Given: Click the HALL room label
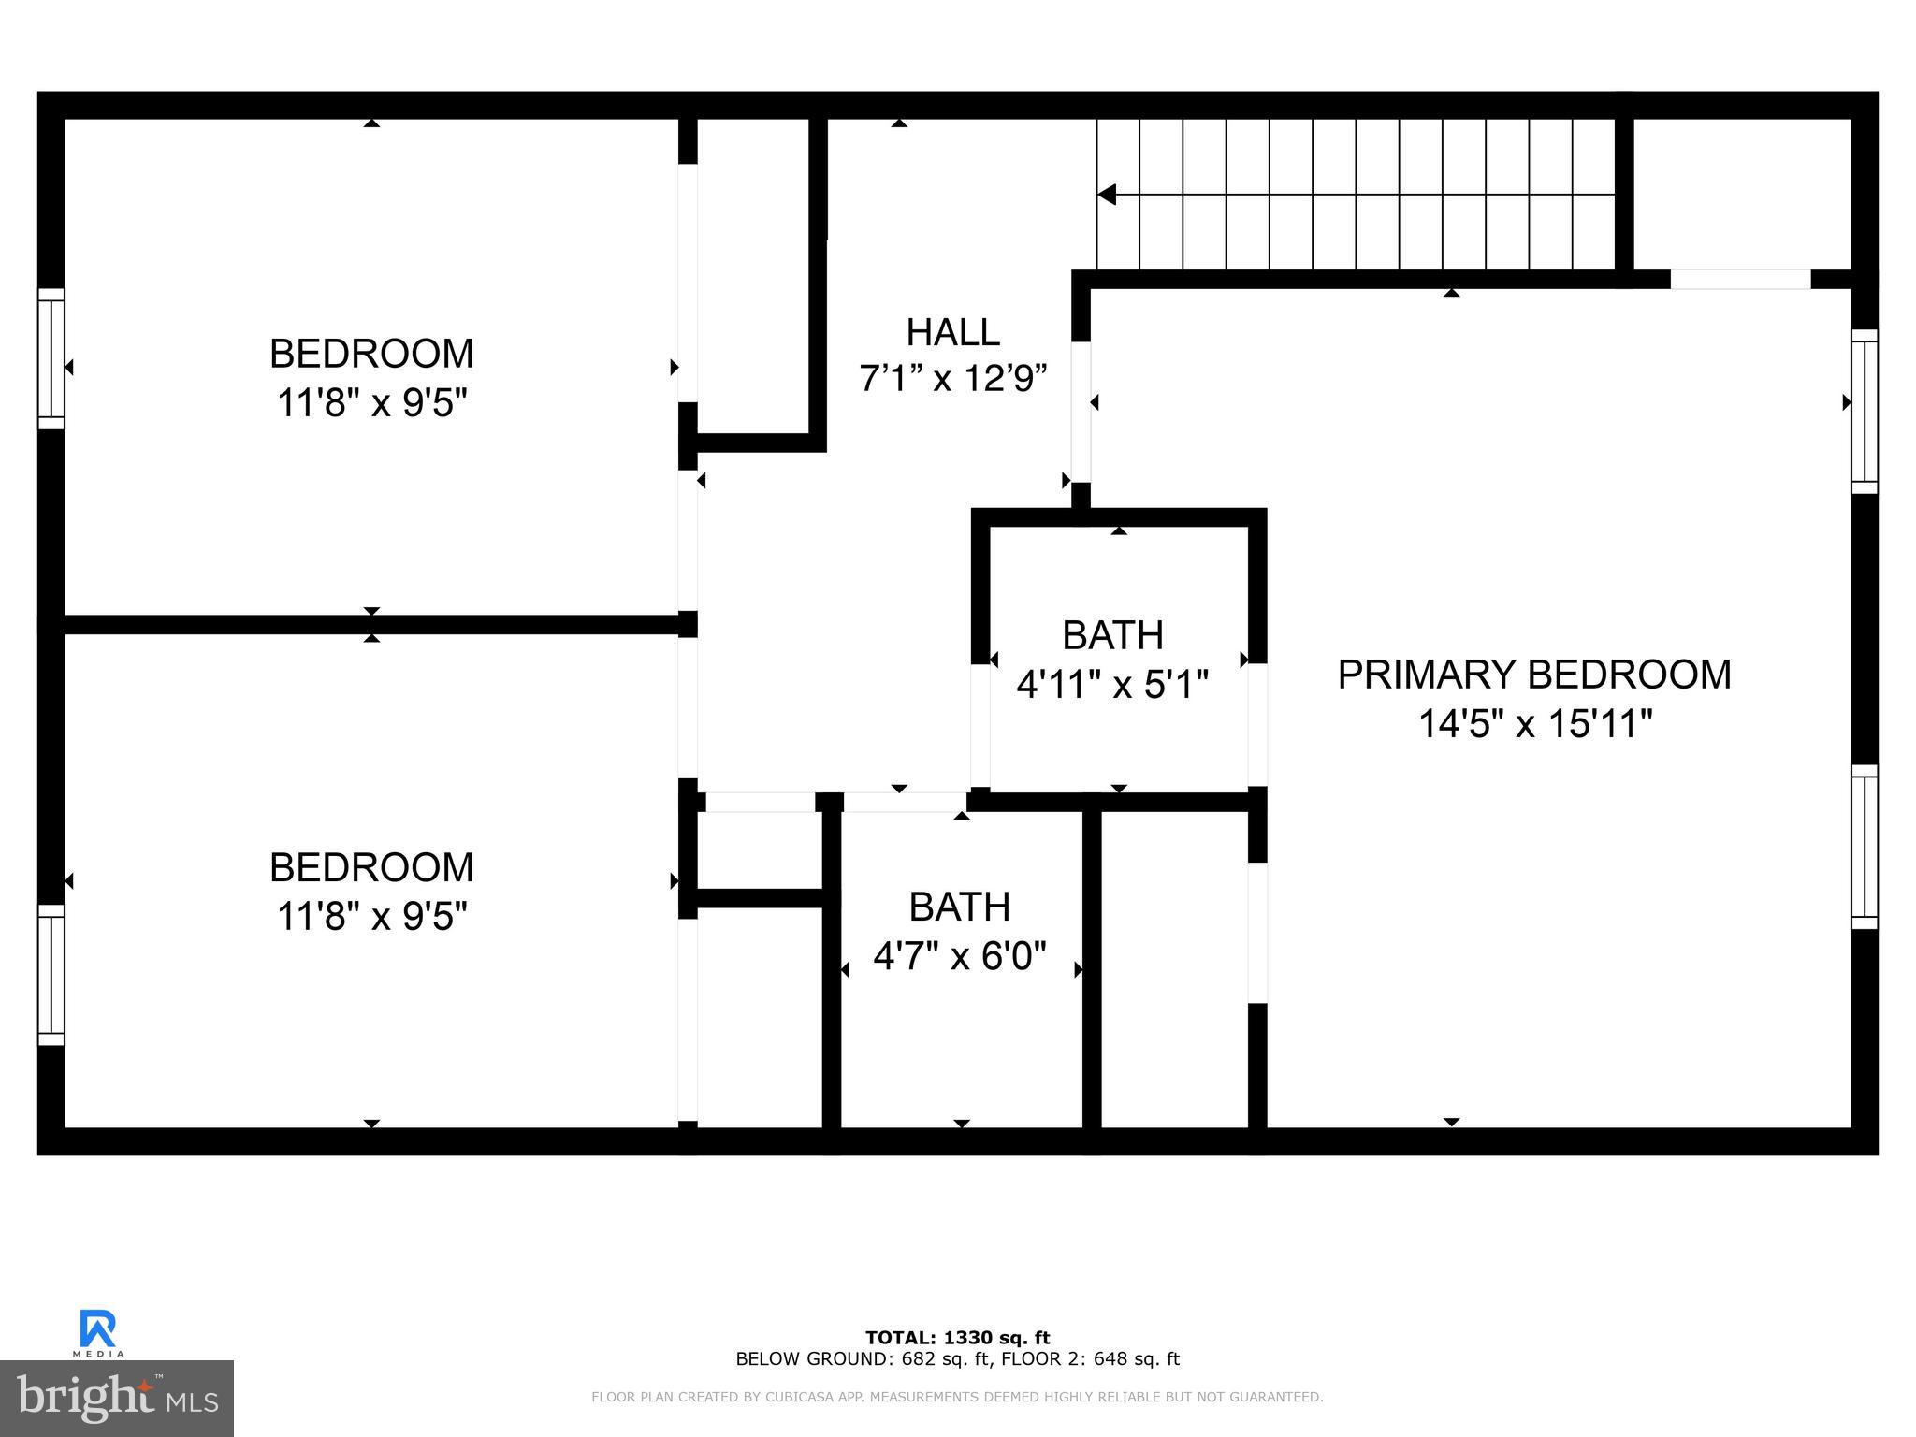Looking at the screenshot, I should pyautogui.click(x=952, y=332).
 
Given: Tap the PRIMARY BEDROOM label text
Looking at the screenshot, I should pyautogui.click(x=1533, y=675).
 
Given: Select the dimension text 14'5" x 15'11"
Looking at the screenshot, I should pyautogui.click(x=1534, y=723).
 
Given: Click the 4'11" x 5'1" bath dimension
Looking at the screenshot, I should pyautogui.click(x=1111, y=684).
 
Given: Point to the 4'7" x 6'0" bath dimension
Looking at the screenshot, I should pyautogui.click(x=959, y=956).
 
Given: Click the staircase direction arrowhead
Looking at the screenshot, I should pyautogui.click(x=1108, y=195).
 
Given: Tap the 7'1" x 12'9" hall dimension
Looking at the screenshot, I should pyautogui.click(x=952, y=379).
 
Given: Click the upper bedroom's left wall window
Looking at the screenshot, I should pyautogui.click(x=51, y=358).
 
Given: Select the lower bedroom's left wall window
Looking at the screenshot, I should pyautogui.click(x=51, y=974).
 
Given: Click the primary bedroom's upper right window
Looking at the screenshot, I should pyautogui.click(x=1864, y=411).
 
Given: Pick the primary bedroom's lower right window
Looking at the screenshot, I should pyautogui.click(x=1864, y=847).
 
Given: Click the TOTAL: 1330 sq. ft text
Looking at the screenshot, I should pyautogui.click(x=957, y=1338).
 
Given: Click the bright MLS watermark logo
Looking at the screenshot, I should pyautogui.click(x=117, y=1399).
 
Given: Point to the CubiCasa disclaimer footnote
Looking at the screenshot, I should pyautogui.click(x=957, y=1398).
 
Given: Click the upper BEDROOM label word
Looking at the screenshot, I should pyautogui.click(x=371, y=354).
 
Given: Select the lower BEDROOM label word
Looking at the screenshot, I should pyautogui.click(x=371, y=867).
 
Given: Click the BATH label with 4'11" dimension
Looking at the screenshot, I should pyautogui.click(x=1111, y=635).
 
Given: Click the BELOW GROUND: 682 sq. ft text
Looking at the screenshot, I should pyautogui.click(x=860, y=1359).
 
